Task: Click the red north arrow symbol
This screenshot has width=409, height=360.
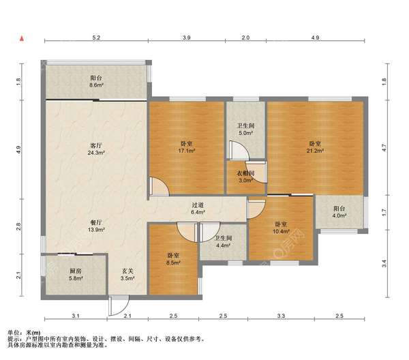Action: [x=22, y=39]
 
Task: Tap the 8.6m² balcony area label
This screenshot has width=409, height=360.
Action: [x=96, y=81]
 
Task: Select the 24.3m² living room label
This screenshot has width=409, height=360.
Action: [x=96, y=149]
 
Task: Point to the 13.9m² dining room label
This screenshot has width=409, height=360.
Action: [x=96, y=226]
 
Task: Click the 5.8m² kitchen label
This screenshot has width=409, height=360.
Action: [x=76, y=275]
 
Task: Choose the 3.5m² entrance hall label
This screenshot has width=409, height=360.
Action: [x=127, y=275]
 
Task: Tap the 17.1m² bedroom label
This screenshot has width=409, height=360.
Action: [x=187, y=147]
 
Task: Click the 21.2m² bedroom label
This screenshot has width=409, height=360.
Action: [x=315, y=147]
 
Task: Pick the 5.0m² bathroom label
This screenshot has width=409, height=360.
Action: [x=245, y=129]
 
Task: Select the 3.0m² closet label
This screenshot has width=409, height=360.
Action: [x=245, y=177]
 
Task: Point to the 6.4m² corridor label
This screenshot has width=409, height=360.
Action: [x=198, y=209]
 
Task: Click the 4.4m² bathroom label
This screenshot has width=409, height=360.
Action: [x=223, y=241]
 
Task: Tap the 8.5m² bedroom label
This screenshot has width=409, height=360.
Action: [x=173, y=259]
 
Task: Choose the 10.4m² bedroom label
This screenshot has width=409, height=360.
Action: [x=281, y=228]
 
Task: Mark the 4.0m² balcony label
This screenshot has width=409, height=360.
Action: [x=339, y=212]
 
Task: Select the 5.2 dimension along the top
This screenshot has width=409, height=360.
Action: [x=96, y=37]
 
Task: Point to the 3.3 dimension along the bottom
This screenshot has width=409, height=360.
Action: [x=281, y=316]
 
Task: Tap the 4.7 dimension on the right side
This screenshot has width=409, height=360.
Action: [x=384, y=148]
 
